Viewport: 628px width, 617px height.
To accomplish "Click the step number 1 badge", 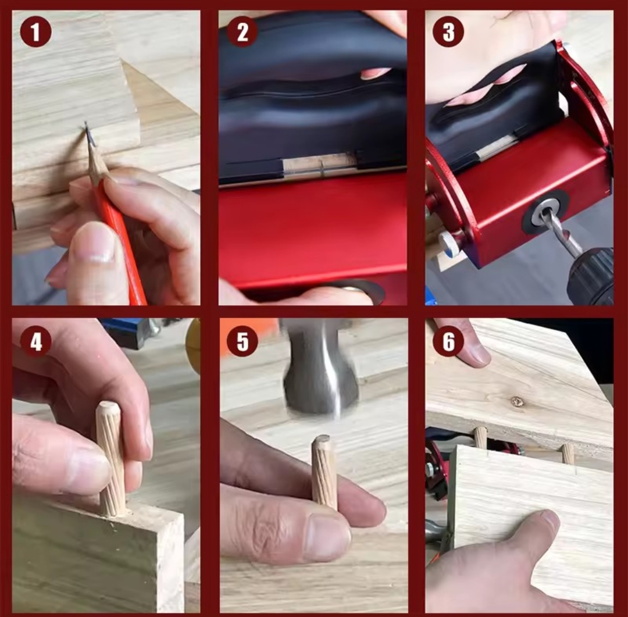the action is coord(35,31).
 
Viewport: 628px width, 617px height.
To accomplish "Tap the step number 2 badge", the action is coord(242,31).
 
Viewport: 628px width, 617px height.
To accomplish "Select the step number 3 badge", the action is coord(448,31).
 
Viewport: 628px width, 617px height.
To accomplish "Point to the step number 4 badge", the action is coord(35,341).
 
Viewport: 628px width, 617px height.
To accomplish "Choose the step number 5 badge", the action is coord(242,341).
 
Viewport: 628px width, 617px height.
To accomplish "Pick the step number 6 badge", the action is coord(448,341).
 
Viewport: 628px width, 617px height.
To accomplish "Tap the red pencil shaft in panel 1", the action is coord(122,240).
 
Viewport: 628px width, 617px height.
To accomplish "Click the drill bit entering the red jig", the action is coord(560,233).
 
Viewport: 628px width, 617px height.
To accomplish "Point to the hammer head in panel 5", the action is coord(320,370).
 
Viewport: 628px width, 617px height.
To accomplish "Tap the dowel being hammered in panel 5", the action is coord(324,473).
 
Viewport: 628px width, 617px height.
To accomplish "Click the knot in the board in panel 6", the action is coord(518,401).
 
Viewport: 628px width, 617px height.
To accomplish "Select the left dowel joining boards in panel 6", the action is coord(480,437).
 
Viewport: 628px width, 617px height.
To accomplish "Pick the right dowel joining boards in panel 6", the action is coord(568,454).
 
